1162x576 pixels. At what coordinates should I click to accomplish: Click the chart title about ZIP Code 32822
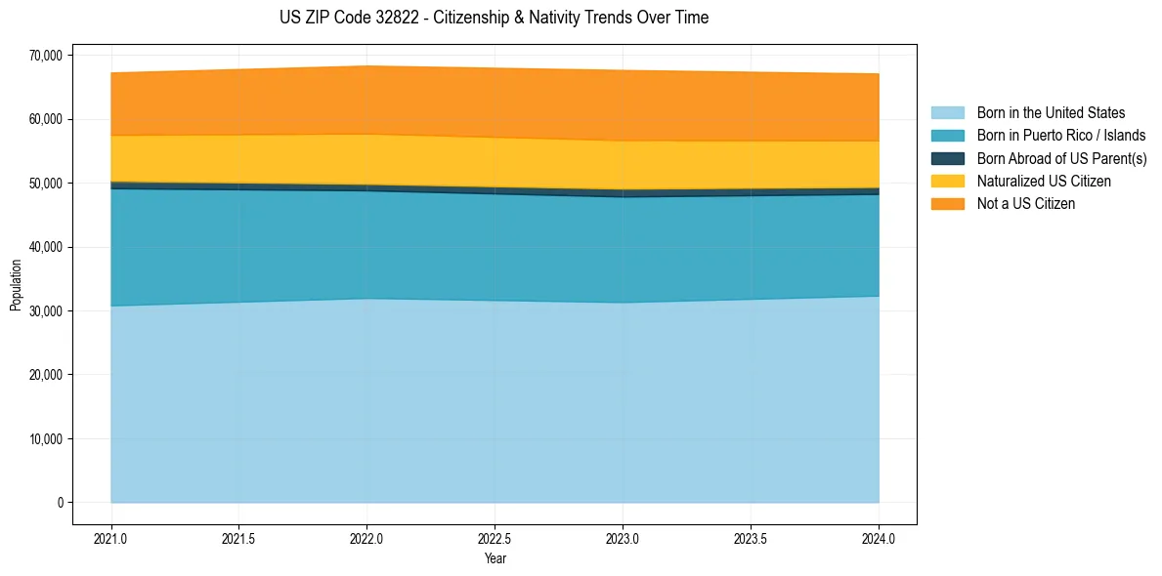pyautogui.click(x=494, y=18)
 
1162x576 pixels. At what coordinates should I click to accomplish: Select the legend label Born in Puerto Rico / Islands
pyautogui.click(x=1061, y=136)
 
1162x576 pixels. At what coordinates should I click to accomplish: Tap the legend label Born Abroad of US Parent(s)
pyautogui.click(x=1061, y=158)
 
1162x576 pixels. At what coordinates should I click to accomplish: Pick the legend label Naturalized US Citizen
pyautogui.click(x=1044, y=182)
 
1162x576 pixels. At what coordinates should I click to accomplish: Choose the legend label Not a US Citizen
pyautogui.click(x=1026, y=204)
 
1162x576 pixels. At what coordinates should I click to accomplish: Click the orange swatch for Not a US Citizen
pyautogui.click(x=947, y=204)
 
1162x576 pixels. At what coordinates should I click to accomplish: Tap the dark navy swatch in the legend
pyautogui.click(x=947, y=158)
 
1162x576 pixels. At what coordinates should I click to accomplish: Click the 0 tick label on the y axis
pyautogui.click(x=60, y=503)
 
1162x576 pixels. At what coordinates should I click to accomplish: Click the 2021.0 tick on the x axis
pyautogui.click(x=111, y=539)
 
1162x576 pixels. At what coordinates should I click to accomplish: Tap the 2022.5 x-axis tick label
pyautogui.click(x=495, y=539)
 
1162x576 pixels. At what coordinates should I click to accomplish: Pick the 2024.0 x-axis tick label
pyautogui.click(x=879, y=539)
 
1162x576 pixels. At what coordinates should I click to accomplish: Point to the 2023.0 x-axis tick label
pyautogui.click(x=623, y=539)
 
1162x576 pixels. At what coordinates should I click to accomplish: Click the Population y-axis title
pyautogui.click(x=16, y=285)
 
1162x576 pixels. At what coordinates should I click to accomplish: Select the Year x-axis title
pyautogui.click(x=495, y=559)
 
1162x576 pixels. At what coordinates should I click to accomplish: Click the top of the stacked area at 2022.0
pyautogui.click(x=367, y=66)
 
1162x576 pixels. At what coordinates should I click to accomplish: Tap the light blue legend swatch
pyautogui.click(x=947, y=113)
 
